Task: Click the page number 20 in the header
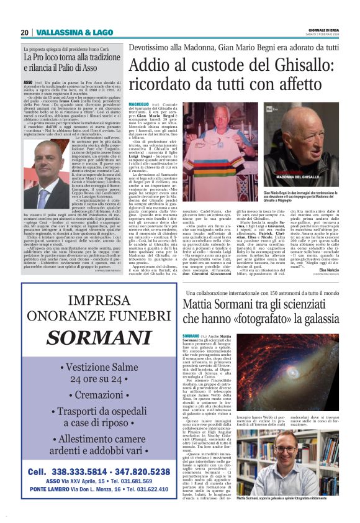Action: (x=24, y=32)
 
